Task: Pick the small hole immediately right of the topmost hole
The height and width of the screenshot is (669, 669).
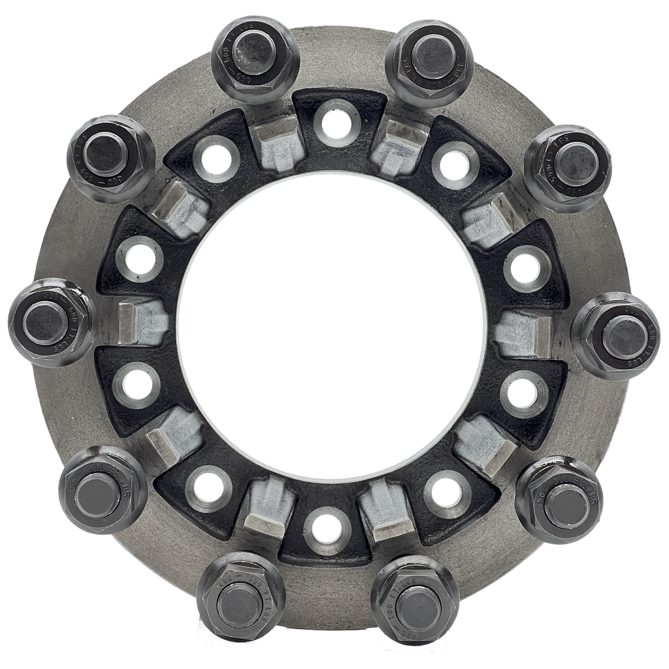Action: coord(453,163)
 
